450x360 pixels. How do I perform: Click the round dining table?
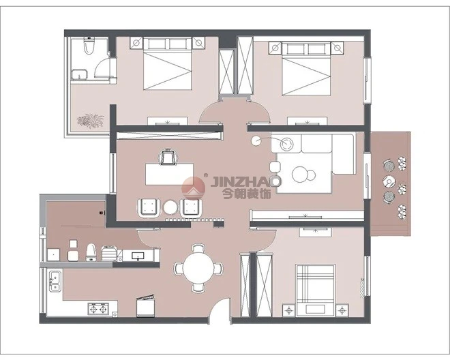pyautogui.click(x=198, y=268)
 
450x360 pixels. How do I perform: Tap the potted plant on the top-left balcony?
pyautogui.click(x=91, y=120)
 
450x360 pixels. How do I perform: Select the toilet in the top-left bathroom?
pyautogui.click(x=89, y=46)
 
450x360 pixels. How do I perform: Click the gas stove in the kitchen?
pyautogui.click(x=98, y=309)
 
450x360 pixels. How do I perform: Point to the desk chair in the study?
pyautogui.click(x=168, y=156)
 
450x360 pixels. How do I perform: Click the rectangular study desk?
pyautogui.click(x=169, y=174)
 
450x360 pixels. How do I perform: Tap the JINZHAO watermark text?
pyautogui.click(x=246, y=181)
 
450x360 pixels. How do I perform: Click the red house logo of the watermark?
pyautogui.click(x=194, y=189)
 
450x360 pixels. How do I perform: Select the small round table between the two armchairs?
pyautogui.click(x=170, y=207)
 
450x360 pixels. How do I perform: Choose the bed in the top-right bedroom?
pyautogui.click(x=306, y=69)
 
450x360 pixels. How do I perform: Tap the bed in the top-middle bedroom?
pyautogui.click(x=167, y=64)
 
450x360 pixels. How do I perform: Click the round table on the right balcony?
pyautogui.click(x=389, y=181)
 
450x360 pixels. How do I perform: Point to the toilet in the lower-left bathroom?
pyautogui.click(x=91, y=252)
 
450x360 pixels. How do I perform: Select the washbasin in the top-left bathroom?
pyautogui.click(x=78, y=74)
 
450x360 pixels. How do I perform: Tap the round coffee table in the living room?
pyautogui.click(x=300, y=174)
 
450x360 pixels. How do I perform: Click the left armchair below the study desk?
pyautogui.click(x=149, y=207)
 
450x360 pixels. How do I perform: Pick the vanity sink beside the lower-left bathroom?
pyautogui.click(x=139, y=256)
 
